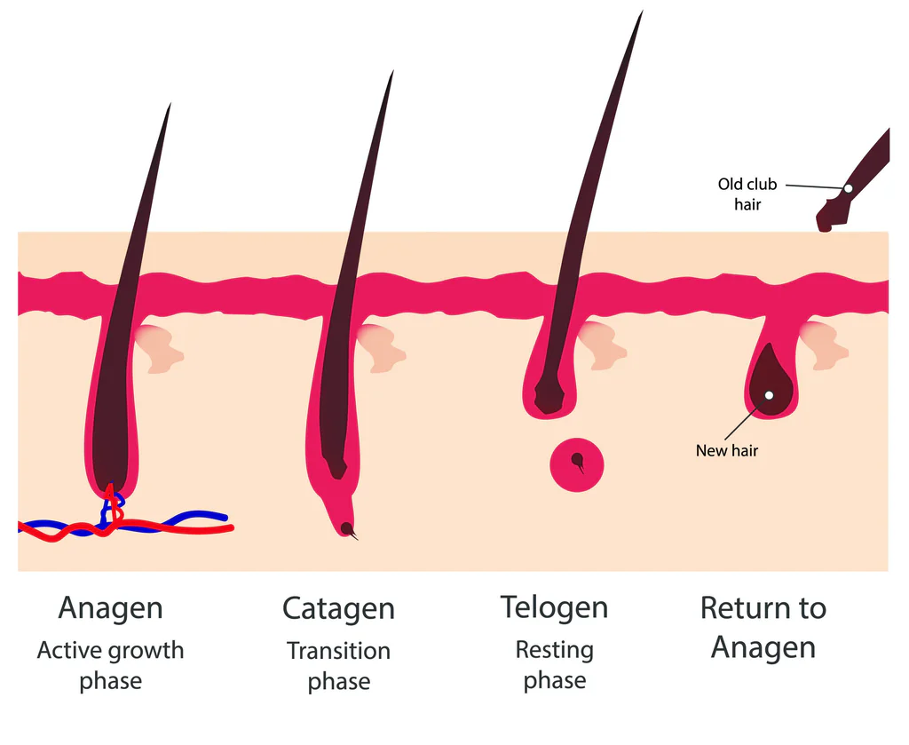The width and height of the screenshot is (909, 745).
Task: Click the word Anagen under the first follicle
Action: [x=110, y=608]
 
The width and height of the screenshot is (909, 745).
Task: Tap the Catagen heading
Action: [x=338, y=609]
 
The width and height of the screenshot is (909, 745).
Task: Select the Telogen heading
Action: [x=554, y=607]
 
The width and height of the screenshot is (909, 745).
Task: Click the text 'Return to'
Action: [x=763, y=608]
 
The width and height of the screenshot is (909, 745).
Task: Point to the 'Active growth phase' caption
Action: [x=110, y=665]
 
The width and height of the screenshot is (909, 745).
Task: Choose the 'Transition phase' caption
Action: [x=338, y=666]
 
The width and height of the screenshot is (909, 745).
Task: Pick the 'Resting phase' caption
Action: [x=554, y=665]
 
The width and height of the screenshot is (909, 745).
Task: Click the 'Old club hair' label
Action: [x=747, y=194]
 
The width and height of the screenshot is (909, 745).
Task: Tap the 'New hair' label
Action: [x=727, y=450]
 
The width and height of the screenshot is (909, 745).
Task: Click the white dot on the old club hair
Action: [x=848, y=188]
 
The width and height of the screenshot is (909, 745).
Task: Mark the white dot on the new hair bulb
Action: [x=769, y=395]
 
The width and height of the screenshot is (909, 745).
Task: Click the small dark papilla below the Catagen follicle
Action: [x=346, y=528]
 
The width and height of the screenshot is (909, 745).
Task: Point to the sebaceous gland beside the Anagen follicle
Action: [x=160, y=348]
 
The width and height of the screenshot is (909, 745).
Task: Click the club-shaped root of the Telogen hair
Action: [x=548, y=398]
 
